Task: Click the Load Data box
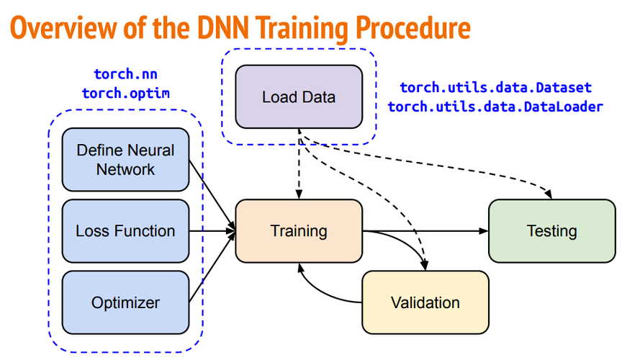click(299, 96)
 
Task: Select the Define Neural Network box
click(125, 160)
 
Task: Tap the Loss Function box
click(125, 231)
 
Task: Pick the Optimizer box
click(125, 302)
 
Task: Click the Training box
click(299, 231)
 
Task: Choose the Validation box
click(425, 302)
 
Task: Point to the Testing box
click(552, 231)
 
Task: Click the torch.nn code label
click(125, 74)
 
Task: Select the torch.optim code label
click(125, 93)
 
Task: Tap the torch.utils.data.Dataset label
click(495, 88)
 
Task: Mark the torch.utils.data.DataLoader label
click(495, 107)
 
